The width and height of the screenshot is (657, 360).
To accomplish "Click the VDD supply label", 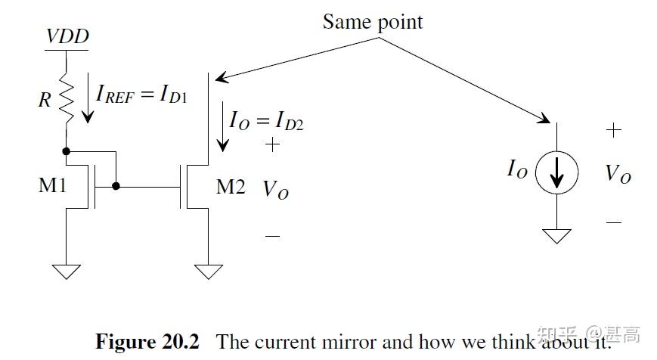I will click(67, 36).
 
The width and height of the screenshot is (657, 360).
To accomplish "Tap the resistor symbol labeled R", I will click(67, 98).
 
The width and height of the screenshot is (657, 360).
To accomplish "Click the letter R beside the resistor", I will click(45, 99).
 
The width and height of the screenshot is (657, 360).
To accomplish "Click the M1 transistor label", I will click(53, 185).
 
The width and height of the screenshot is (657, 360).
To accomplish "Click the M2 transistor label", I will click(231, 186).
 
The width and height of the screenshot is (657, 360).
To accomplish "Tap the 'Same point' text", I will click(373, 21).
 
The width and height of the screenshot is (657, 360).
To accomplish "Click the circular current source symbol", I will click(556, 173).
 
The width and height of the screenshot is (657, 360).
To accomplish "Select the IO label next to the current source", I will click(517, 170).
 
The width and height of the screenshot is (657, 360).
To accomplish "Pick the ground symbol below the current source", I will click(557, 236).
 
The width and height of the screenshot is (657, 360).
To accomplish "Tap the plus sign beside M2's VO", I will click(272, 144).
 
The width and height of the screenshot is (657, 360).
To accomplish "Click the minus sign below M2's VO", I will click(272, 236).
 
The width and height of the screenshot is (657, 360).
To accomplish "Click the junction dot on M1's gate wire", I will click(116, 185).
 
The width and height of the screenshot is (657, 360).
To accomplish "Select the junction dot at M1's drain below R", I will click(67, 151).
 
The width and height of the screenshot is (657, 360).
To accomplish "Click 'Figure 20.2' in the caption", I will click(147, 341).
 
